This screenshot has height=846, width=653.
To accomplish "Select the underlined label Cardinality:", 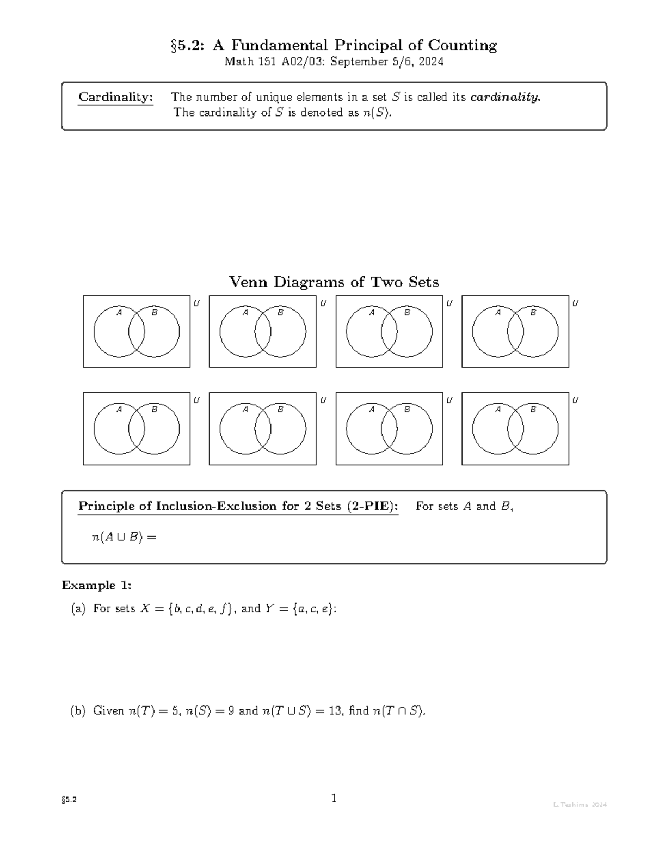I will (115, 97).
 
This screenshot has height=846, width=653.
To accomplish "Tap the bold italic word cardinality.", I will (505, 97).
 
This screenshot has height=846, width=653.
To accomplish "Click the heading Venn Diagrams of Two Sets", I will (334, 282).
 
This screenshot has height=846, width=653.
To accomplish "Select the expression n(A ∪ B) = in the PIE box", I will (124, 537).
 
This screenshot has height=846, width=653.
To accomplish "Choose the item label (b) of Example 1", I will (78, 710).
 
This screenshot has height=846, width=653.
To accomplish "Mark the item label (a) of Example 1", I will (78, 608).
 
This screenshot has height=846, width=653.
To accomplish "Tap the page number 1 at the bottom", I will (334, 799).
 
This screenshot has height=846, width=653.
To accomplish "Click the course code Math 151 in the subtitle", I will (245, 62).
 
